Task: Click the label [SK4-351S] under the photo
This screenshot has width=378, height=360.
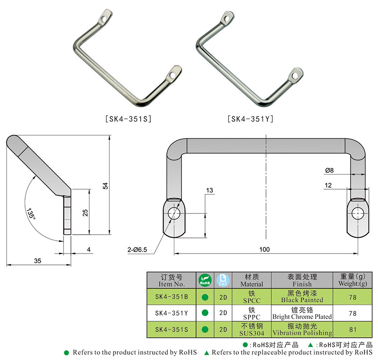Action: pyautogui.click(x=128, y=119)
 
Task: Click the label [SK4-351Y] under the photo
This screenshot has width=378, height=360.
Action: pyautogui.click(x=250, y=119)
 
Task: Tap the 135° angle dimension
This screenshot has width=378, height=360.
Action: pyautogui.click(x=31, y=212)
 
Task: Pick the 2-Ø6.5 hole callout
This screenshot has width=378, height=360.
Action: pyautogui.click(x=138, y=248)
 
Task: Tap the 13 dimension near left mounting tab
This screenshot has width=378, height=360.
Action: pyautogui.click(x=209, y=190)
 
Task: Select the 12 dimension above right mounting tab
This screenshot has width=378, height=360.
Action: pyautogui.click(x=327, y=185)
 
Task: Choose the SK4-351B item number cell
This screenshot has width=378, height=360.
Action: pyautogui.click(x=172, y=297)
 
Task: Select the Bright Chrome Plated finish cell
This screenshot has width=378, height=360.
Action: pyautogui.click(x=302, y=313)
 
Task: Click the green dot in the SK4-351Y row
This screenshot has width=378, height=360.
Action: pyautogui.click(x=205, y=313)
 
